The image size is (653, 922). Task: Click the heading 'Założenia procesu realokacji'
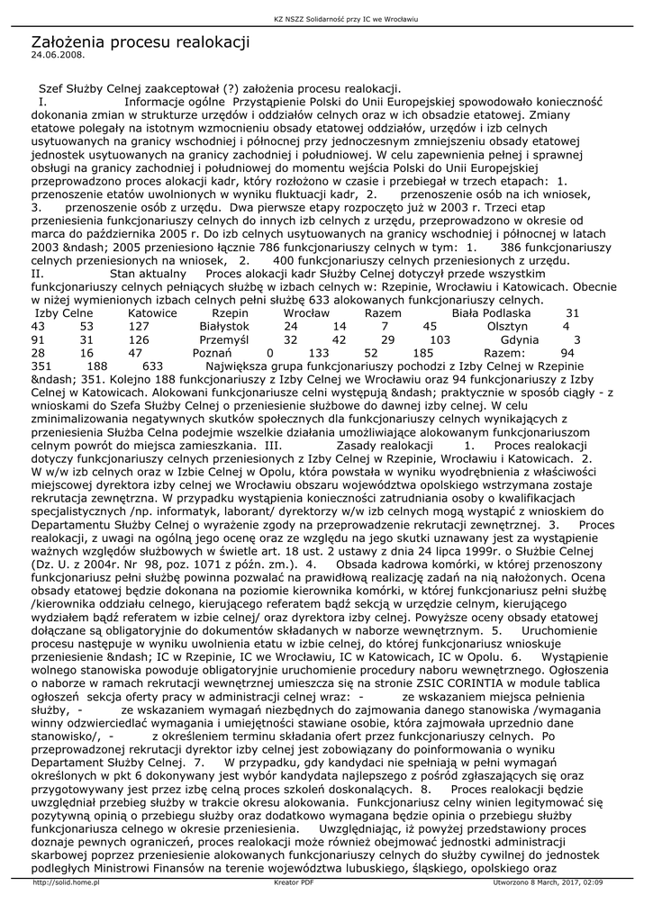point(140,42)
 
